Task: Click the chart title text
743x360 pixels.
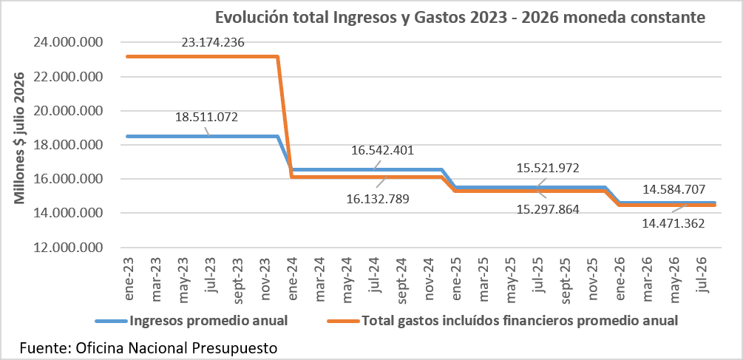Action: [461, 18]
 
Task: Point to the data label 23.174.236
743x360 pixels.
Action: [213, 43]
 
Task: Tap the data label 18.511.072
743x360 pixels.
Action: [206, 117]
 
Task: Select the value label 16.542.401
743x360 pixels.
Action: [382, 151]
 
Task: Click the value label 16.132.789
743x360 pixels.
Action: [378, 199]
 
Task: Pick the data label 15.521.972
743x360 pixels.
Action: [549, 168]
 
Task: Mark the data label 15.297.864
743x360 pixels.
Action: [549, 209]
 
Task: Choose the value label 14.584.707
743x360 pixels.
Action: [674, 189]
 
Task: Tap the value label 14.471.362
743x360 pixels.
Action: [674, 223]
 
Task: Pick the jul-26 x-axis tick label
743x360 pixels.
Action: [705, 276]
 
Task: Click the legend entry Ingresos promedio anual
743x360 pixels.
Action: [192, 321]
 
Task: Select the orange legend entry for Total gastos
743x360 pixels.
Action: [502, 321]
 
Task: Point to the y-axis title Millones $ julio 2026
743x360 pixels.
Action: [18, 138]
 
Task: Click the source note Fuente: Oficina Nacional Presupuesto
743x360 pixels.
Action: [148, 348]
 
